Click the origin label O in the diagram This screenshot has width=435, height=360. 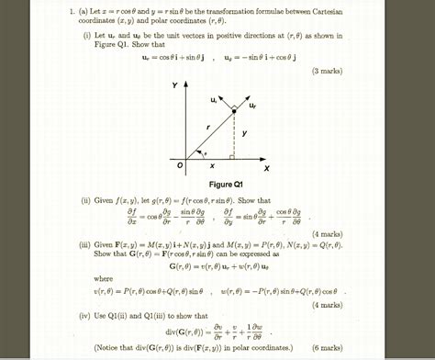(180, 165)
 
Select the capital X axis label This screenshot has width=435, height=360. (266, 169)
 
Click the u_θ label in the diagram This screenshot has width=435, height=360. (214, 98)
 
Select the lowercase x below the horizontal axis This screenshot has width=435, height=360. (212, 166)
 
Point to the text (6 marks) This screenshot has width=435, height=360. (326, 348)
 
